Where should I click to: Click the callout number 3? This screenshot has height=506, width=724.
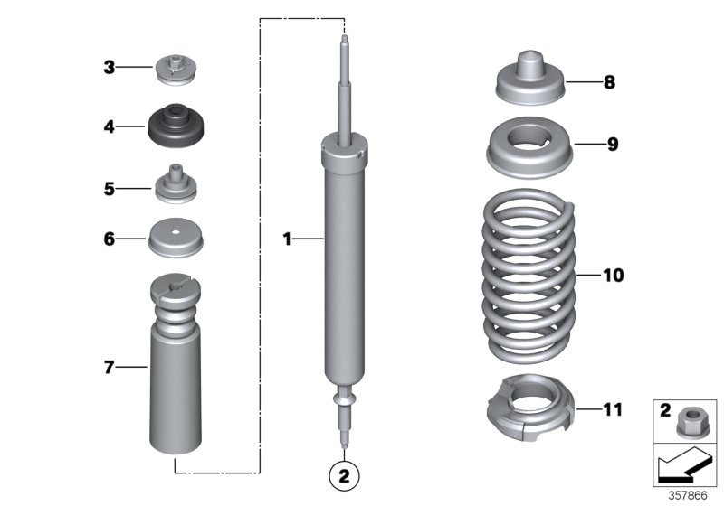coord(109,67)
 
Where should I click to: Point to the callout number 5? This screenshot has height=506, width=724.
coord(109,189)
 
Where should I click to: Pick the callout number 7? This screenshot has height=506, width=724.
coord(109,368)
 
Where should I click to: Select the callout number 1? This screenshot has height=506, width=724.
coord(287,239)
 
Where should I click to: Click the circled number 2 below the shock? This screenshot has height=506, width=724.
coord(345,473)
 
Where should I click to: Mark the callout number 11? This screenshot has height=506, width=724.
coord(613,410)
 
